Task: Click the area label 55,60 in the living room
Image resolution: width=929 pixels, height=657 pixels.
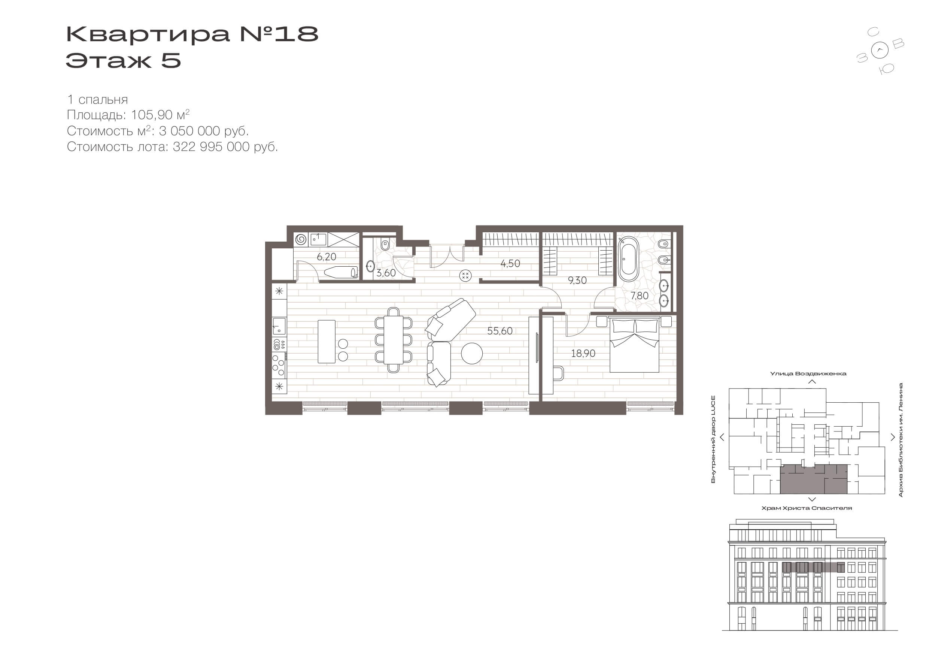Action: click(500, 331)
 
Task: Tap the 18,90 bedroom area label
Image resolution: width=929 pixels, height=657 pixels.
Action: click(583, 353)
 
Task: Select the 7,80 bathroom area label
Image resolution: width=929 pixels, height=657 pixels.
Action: click(639, 296)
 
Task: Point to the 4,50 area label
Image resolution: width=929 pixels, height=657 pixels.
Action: click(510, 264)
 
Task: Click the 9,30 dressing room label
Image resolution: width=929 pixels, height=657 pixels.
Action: click(577, 281)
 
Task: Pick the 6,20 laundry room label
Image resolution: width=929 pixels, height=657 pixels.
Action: click(327, 257)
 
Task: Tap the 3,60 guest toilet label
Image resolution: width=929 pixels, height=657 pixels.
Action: click(386, 273)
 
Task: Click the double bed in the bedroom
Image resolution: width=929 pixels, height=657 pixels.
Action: click(634, 345)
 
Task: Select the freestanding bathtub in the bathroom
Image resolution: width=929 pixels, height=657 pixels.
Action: click(628, 259)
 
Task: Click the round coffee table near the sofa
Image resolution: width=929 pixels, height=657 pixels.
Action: click(472, 353)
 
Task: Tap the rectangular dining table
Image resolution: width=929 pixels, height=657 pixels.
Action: click(393, 340)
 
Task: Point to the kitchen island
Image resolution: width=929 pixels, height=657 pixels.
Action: click(327, 341)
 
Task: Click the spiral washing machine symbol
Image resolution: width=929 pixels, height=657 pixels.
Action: click(301, 240)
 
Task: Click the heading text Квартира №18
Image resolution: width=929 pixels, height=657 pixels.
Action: click(192, 34)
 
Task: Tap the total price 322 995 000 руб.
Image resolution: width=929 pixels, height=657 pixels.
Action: click(225, 146)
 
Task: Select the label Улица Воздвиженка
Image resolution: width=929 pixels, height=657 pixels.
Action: click(808, 373)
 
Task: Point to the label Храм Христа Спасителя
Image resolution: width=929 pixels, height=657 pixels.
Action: click(807, 508)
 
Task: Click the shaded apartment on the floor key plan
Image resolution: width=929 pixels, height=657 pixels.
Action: click(813, 479)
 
